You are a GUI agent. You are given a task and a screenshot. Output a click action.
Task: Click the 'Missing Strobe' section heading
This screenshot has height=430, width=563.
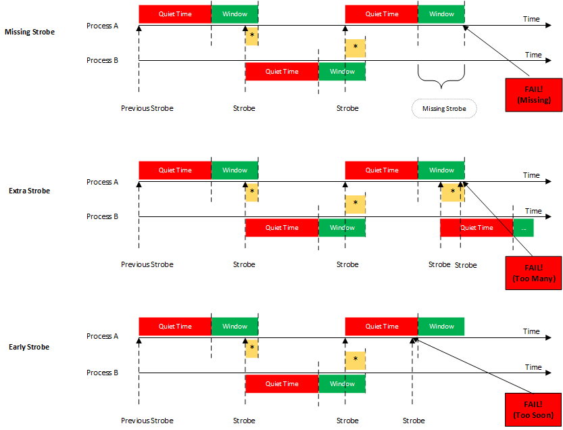click(x=29, y=32)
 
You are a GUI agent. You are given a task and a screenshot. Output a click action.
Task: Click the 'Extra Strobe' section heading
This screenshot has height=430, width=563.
click(x=29, y=191)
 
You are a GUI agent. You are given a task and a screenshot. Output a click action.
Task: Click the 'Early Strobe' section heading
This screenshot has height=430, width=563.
click(x=29, y=347)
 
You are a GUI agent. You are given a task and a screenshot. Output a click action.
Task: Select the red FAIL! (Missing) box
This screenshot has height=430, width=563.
click(x=533, y=95)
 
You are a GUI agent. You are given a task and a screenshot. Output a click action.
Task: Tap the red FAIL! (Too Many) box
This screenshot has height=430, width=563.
click(x=533, y=272)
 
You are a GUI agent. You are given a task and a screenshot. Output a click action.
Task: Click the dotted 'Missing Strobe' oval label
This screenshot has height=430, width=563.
click(x=444, y=108)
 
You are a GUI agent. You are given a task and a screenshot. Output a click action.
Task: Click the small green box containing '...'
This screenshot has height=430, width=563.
click(x=523, y=228)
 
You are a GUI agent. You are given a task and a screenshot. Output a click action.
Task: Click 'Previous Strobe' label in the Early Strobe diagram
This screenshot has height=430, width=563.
click(x=147, y=421)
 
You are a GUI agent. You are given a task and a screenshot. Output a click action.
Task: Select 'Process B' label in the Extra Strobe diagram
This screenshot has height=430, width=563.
click(x=102, y=216)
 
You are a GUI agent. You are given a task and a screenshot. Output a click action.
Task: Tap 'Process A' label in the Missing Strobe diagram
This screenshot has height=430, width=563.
click(x=102, y=26)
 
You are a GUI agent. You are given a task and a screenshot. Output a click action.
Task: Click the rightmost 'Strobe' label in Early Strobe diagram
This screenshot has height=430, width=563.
click(x=414, y=421)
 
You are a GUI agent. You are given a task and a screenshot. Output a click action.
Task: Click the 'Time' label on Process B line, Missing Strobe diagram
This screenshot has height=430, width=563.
click(x=533, y=55)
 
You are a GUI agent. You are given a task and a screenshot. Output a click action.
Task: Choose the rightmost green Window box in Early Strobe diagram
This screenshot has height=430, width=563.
click(x=441, y=327)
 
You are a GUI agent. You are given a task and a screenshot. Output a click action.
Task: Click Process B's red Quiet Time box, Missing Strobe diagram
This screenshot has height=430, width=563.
click(x=282, y=72)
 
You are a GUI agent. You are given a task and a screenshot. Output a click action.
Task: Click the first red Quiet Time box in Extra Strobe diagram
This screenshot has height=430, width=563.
click(x=175, y=170)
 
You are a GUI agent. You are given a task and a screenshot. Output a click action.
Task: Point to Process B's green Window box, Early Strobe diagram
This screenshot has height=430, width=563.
click(x=342, y=384)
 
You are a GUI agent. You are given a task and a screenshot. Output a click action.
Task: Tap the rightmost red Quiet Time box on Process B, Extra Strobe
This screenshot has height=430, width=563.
click(x=476, y=228)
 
